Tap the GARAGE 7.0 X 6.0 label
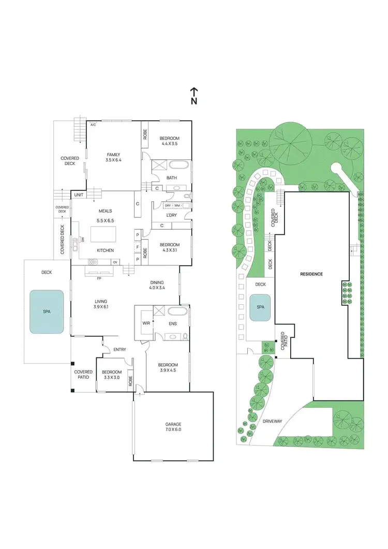click(x=173, y=427)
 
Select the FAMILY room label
click(x=113, y=157)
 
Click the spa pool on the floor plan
click(x=47, y=311)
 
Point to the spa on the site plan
click(x=259, y=306)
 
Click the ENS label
click(x=173, y=324)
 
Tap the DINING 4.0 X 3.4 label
click(x=157, y=284)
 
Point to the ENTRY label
click(x=120, y=350)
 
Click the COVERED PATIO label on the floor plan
click(x=83, y=374)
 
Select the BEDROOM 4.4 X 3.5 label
click(x=169, y=140)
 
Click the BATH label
click(x=172, y=178)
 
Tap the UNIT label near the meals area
click(x=79, y=195)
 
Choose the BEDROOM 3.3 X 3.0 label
click(x=112, y=375)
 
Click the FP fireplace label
click(x=99, y=278)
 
